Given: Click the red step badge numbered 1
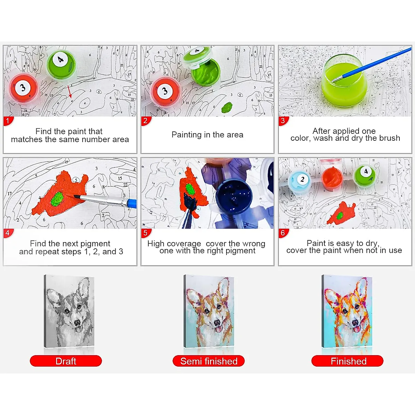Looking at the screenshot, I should pos(8,121).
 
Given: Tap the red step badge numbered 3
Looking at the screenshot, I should pos(283,121).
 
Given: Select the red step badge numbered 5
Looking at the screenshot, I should pos(145,233).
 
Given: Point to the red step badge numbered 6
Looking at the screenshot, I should pos(283,233).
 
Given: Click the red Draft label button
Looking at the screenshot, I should pos(66,361).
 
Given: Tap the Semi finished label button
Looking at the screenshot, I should pos(209,361).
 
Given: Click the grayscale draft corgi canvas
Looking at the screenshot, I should pos(69,311).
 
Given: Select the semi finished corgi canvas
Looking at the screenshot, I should pos(209,311).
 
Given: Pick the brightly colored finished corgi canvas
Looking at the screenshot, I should pos(347,311).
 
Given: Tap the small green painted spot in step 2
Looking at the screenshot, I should pos(227,107).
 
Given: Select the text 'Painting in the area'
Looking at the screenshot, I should pos(207,135).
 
